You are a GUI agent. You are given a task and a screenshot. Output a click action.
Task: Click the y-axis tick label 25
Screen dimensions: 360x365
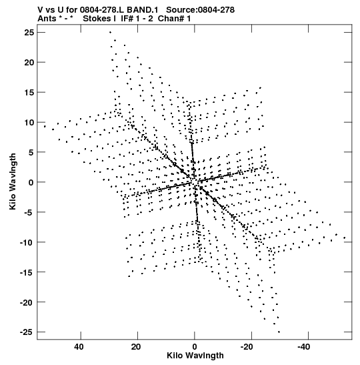[29, 33]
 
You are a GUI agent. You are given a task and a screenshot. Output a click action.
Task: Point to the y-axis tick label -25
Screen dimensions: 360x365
[27, 332]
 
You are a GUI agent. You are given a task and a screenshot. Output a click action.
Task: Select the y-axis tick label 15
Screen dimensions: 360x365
[29, 92]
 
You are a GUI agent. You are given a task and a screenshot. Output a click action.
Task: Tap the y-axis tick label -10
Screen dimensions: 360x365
[27, 242]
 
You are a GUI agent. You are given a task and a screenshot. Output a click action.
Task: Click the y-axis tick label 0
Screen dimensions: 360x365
[31, 183]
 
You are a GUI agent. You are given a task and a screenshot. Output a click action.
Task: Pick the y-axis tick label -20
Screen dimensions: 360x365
[27, 302]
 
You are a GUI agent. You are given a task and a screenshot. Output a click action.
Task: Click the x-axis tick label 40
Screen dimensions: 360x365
[79, 347]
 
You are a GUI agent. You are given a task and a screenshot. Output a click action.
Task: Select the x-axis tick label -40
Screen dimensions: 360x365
[304, 347]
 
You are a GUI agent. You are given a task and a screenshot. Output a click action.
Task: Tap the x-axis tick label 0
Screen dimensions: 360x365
[195, 347]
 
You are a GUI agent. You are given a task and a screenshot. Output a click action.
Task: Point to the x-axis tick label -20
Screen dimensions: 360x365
[247, 347]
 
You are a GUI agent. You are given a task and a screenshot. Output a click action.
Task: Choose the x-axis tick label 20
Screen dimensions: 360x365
[136, 347]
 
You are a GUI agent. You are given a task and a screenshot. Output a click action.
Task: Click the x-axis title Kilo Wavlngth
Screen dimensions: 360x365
[195, 356]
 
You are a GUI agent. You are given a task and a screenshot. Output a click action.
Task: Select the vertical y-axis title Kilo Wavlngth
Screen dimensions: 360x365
[13, 181]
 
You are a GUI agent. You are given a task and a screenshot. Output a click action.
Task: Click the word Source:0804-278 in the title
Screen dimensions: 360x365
[201, 10]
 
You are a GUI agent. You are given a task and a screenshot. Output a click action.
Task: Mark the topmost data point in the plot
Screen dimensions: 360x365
[110, 32]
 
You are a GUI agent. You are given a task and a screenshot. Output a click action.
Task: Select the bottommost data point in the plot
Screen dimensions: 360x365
[279, 332]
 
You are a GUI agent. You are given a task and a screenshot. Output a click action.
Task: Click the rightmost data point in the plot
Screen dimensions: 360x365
[345, 238]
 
